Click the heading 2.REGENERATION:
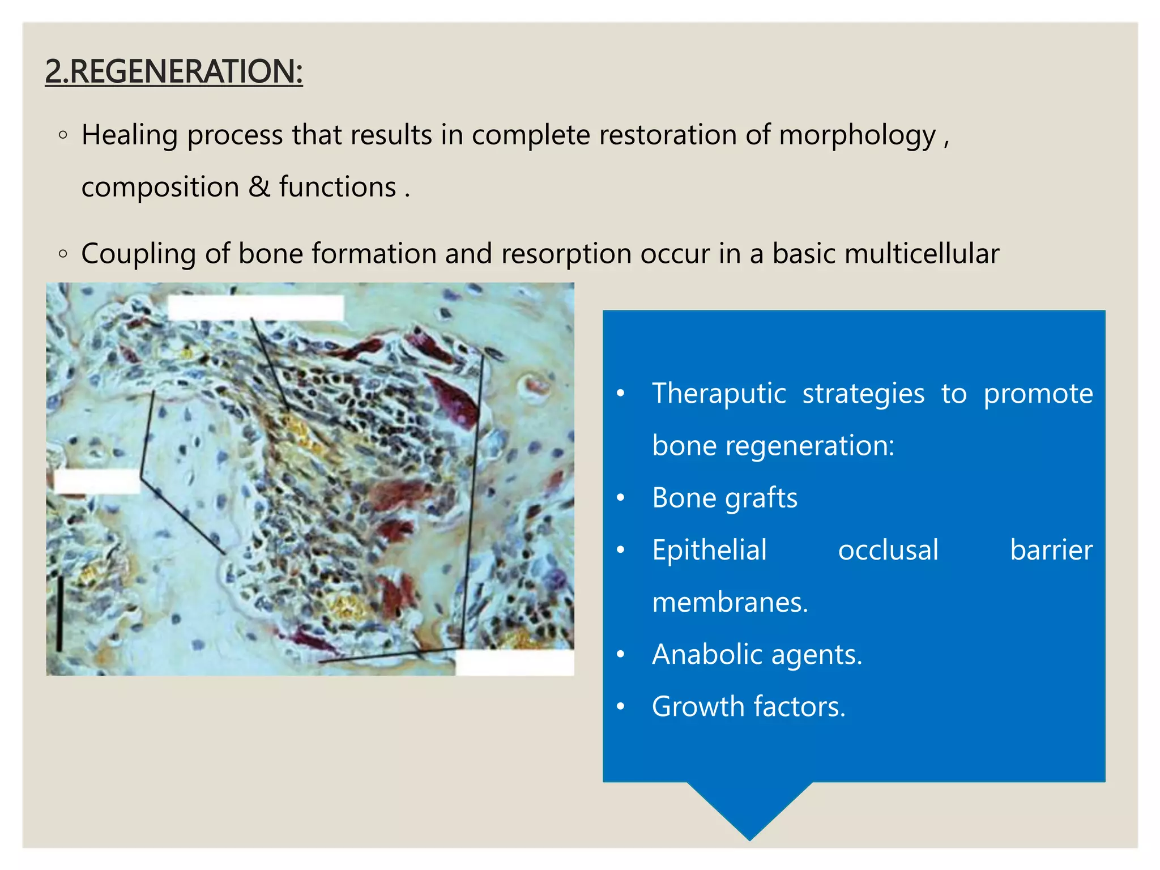tap(173, 71)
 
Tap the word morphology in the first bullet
tap(857, 136)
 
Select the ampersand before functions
tap(259, 187)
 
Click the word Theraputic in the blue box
tap(719, 393)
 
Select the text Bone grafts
tap(724, 498)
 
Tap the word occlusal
tap(888, 550)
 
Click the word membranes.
tap(730, 602)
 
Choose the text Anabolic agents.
tap(757, 655)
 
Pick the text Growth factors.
tap(748, 707)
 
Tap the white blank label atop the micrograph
tap(255, 308)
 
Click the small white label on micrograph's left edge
tap(97, 481)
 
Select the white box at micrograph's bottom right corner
tap(514, 662)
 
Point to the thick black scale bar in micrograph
tap(59, 613)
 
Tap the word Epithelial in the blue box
tap(709, 550)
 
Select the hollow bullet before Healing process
tap(63, 135)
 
